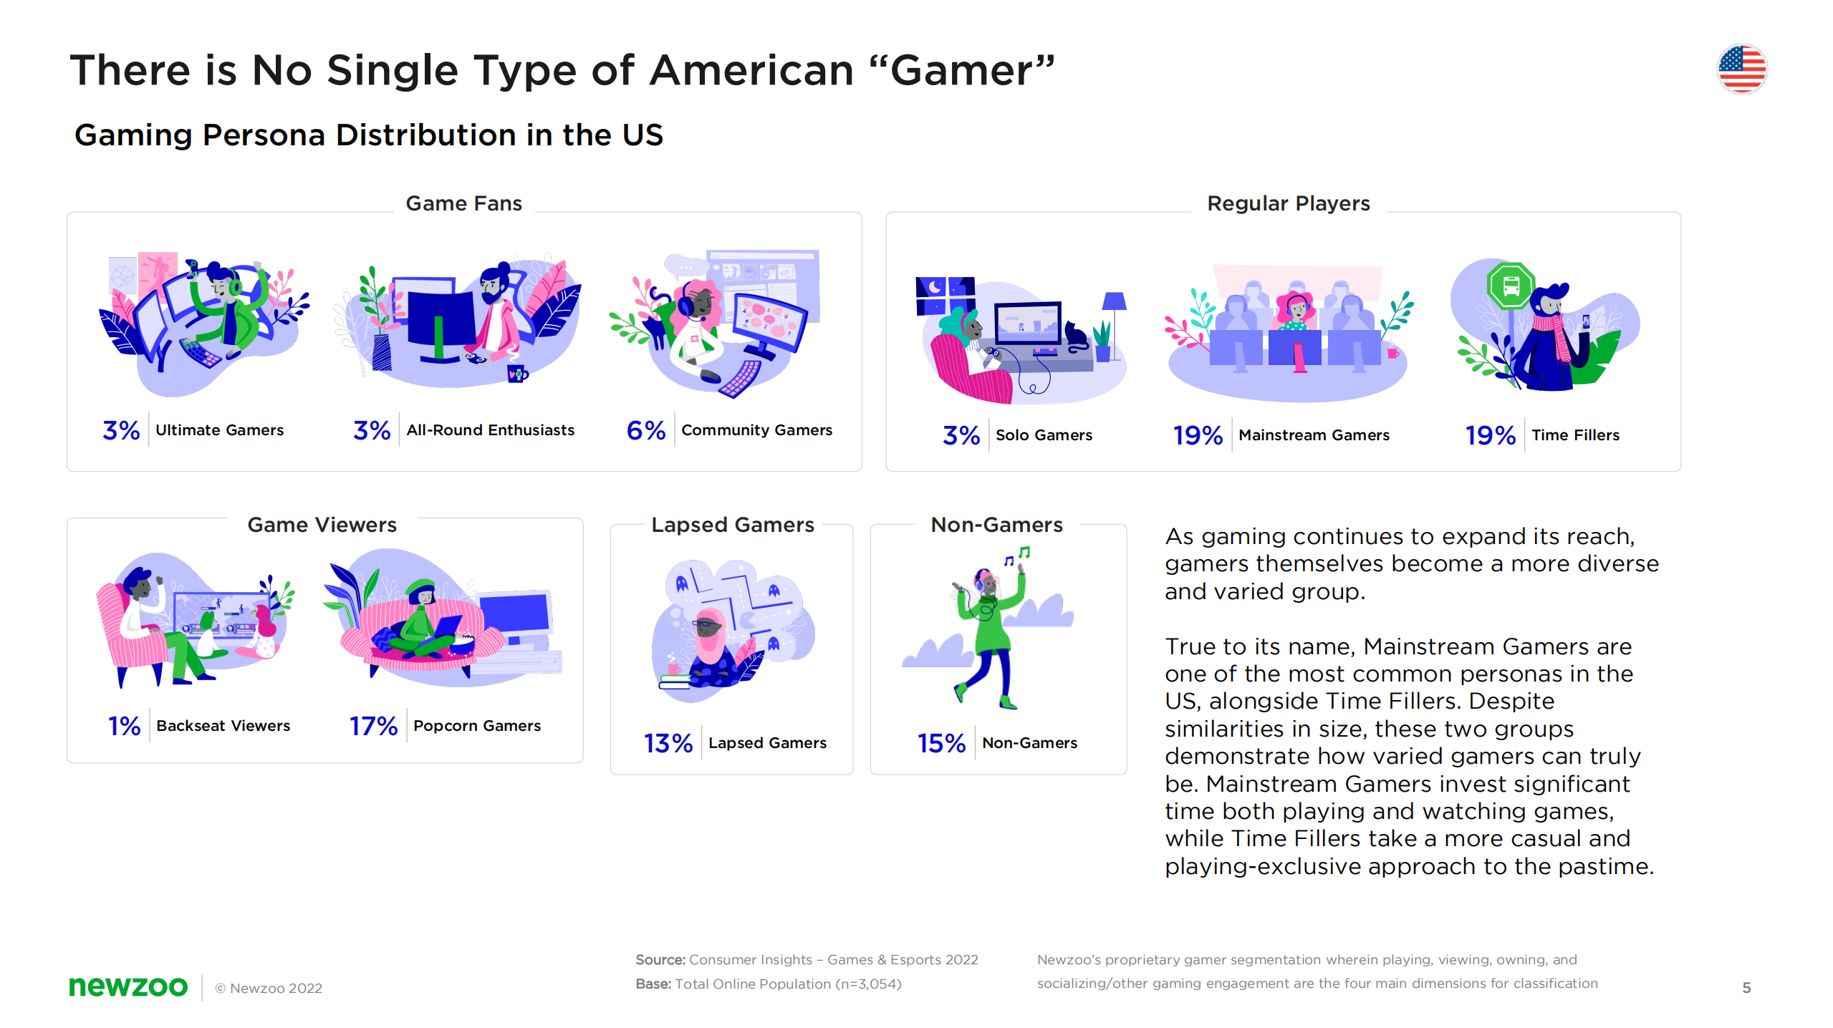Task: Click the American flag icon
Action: pos(1741,69)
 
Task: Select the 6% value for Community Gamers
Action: pos(645,430)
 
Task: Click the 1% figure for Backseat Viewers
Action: pos(124,726)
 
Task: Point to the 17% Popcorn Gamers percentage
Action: pos(373,726)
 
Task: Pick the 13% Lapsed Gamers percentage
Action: pos(668,743)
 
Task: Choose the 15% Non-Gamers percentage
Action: pos(941,743)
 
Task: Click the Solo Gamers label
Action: pos(1044,435)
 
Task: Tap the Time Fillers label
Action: pos(1575,435)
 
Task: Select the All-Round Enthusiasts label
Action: pos(491,430)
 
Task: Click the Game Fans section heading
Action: pos(463,203)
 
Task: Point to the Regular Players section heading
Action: pos(1288,203)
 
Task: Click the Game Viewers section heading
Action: pos(322,525)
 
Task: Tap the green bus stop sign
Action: pos(1511,286)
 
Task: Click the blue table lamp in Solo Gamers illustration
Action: pos(1114,304)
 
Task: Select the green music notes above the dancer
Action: pos(1018,556)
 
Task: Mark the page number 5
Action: pos(1746,988)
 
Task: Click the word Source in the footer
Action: pos(660,960)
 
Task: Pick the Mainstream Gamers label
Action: pos(1314,435)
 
